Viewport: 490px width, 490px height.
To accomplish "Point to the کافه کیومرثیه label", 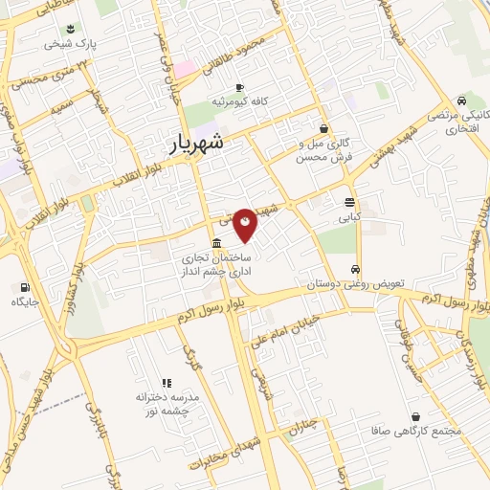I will click(238, 100).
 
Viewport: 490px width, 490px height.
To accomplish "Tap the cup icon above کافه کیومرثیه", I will click(238, 86).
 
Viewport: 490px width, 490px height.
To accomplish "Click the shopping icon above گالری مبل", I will click(324, 127).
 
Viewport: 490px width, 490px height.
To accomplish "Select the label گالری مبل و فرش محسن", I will click(323, 147).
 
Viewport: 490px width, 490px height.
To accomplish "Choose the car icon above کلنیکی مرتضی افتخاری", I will click(462, 100).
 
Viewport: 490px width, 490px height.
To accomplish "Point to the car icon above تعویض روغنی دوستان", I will click(355, 270).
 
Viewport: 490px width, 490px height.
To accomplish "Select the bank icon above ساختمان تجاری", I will click(218, 243).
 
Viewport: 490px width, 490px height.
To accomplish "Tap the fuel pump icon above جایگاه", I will click(23, 287).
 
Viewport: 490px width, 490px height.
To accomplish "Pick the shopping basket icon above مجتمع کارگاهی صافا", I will click(417, 416).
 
